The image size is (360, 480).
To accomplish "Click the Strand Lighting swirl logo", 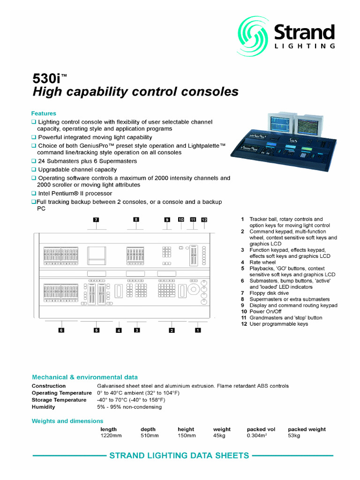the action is point(253,37).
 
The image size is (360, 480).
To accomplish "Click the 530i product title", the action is point(49,79).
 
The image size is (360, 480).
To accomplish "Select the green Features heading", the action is point(44,113).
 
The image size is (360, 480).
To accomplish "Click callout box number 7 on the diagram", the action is point(96,219).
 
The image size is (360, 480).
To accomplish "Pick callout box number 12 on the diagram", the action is point(204,220).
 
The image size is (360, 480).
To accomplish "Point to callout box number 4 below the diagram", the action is point(119,330).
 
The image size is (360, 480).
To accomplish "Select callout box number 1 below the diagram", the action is point(198,330).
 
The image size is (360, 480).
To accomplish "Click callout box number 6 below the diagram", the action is point(61,330).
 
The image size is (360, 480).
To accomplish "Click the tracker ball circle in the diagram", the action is point(194,289).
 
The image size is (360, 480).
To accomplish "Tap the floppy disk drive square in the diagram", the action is point(97,255).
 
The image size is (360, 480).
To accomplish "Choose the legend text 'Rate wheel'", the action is point(262,262).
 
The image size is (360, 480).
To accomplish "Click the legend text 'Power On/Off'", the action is point(265,312).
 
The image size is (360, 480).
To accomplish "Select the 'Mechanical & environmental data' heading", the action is point(85,377).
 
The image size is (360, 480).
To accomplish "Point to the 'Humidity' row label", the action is point(44,407).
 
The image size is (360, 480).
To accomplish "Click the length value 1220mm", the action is point(111,435).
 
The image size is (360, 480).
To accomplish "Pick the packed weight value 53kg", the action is point(294,435).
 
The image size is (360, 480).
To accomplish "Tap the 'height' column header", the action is point(186,429).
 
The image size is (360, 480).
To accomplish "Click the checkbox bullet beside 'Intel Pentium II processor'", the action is point(34,193).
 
